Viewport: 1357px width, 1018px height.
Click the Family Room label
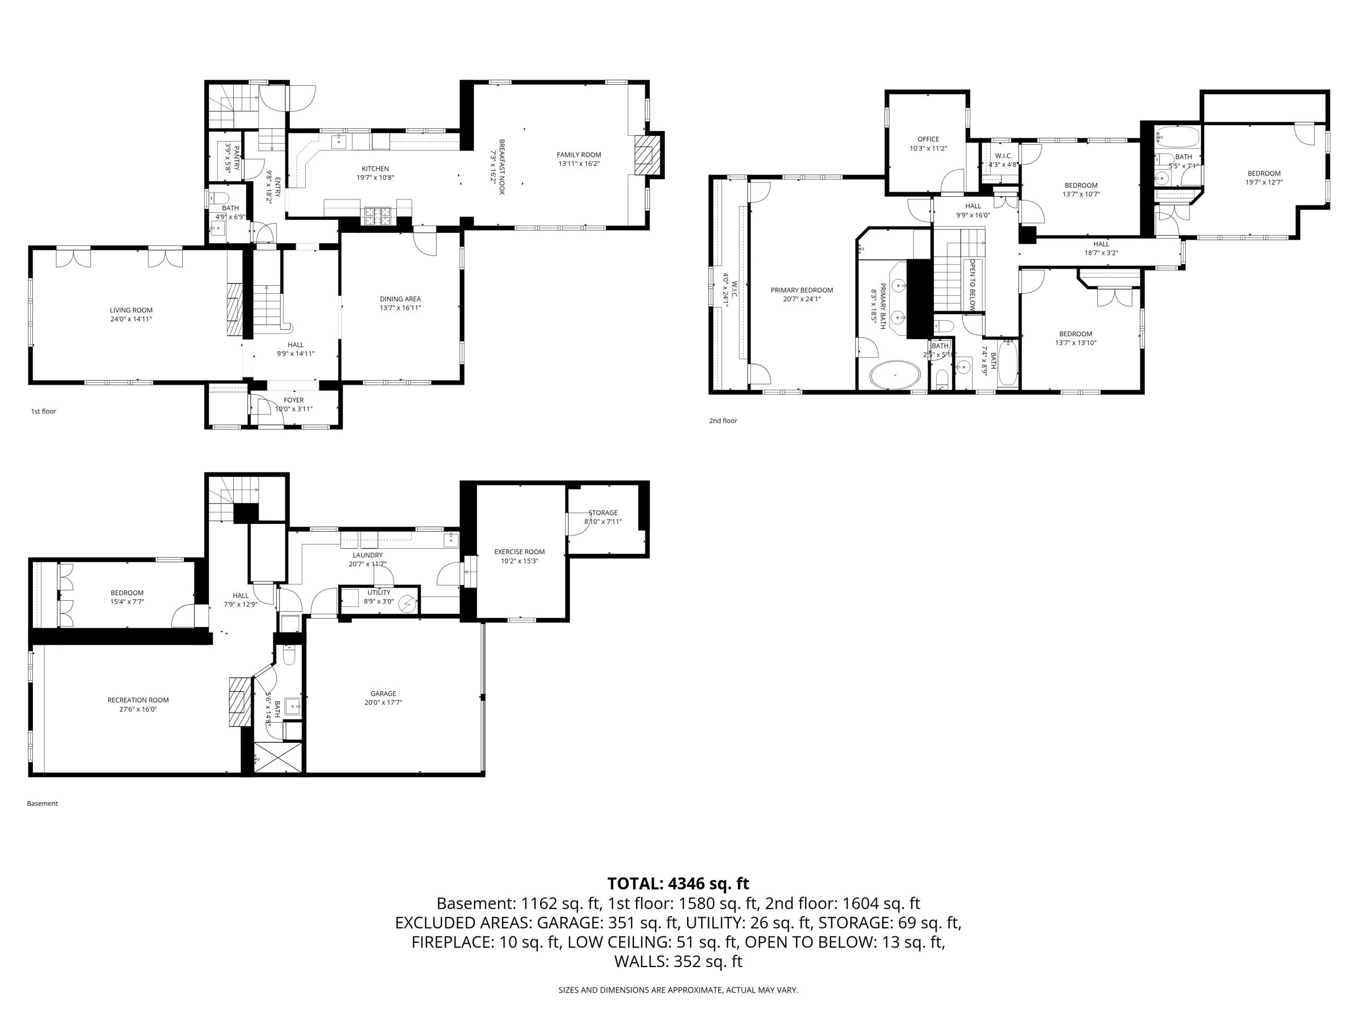[x=578, y=155]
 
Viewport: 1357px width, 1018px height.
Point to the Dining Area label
[x=400, y=300]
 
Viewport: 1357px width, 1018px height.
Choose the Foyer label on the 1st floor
[x=294, y=400]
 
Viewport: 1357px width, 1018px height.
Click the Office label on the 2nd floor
[x=928, y=139]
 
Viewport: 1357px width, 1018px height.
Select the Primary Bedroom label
[x=802, y=290]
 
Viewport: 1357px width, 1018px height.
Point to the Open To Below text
[x=972, y=284]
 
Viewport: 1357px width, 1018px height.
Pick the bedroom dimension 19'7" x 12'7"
[x=1264, y=182]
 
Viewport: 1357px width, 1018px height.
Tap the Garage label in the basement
[x=383, y=694]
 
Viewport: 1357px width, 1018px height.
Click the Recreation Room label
[x=138, y=700]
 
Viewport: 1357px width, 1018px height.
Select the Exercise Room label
[x=519, y=551]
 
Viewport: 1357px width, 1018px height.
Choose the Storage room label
[x=603, y=513]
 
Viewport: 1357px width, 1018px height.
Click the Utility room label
[x=379, y=593]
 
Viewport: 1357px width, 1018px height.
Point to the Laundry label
[x=367, y=555]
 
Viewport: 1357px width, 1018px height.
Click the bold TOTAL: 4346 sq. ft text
[x=678, y=884]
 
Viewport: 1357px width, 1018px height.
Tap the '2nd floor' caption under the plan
[x=723, y=421]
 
